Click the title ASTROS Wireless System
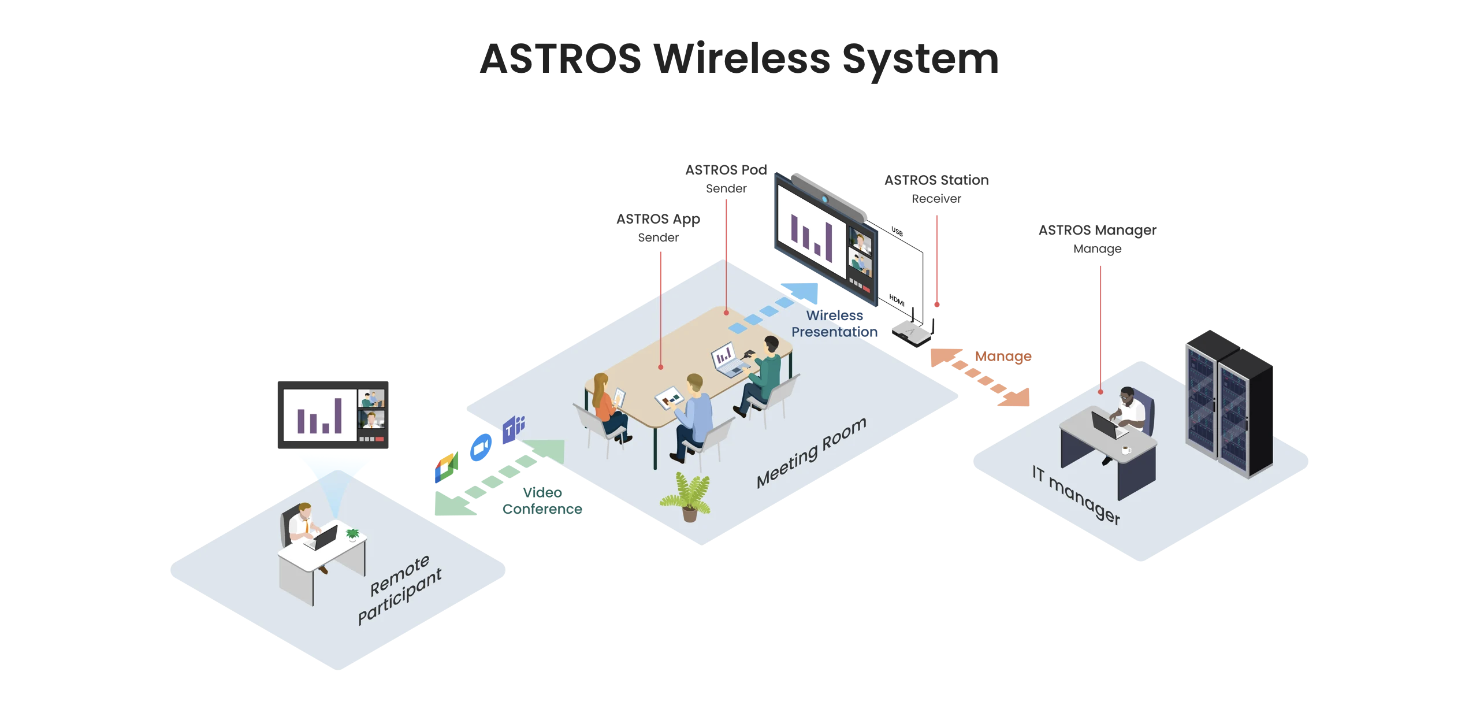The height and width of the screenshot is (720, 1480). tap(739, 59)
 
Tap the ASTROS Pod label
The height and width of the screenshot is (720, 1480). tap(726, 170)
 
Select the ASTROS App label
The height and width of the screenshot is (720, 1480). tap(658, 219)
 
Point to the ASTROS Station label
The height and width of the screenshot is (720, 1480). tap(936, 180)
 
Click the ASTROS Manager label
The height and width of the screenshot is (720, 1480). tap(1097, 230)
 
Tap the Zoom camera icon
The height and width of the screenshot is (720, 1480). tap(481, 447)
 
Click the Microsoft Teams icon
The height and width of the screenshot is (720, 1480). tap(513, 429)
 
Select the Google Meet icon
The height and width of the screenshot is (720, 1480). tap(447, 467)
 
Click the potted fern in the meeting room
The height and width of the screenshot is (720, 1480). tap(687, 497)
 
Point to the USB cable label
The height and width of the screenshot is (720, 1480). tap(897, 232)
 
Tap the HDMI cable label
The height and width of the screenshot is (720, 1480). tap(897, 300)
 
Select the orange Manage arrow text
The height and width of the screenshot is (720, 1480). tap(1003, 357)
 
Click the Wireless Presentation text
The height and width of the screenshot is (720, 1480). tap(834, 324)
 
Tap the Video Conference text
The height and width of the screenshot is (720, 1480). tap(542, 500)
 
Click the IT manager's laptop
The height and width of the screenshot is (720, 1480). tap(1106, 425)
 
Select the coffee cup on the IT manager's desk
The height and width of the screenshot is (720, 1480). tap(1125, 450)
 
